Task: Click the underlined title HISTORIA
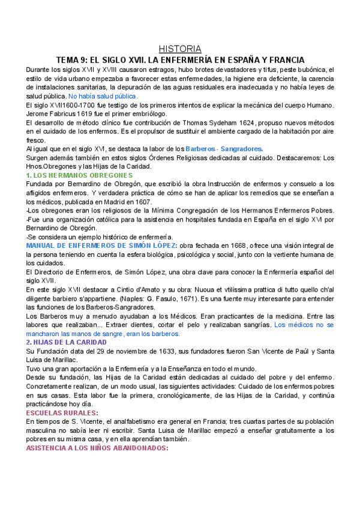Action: (180, 49)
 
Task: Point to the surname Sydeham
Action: (223, 122)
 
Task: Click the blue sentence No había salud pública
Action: (103, 96)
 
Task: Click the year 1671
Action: (242, 299)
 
